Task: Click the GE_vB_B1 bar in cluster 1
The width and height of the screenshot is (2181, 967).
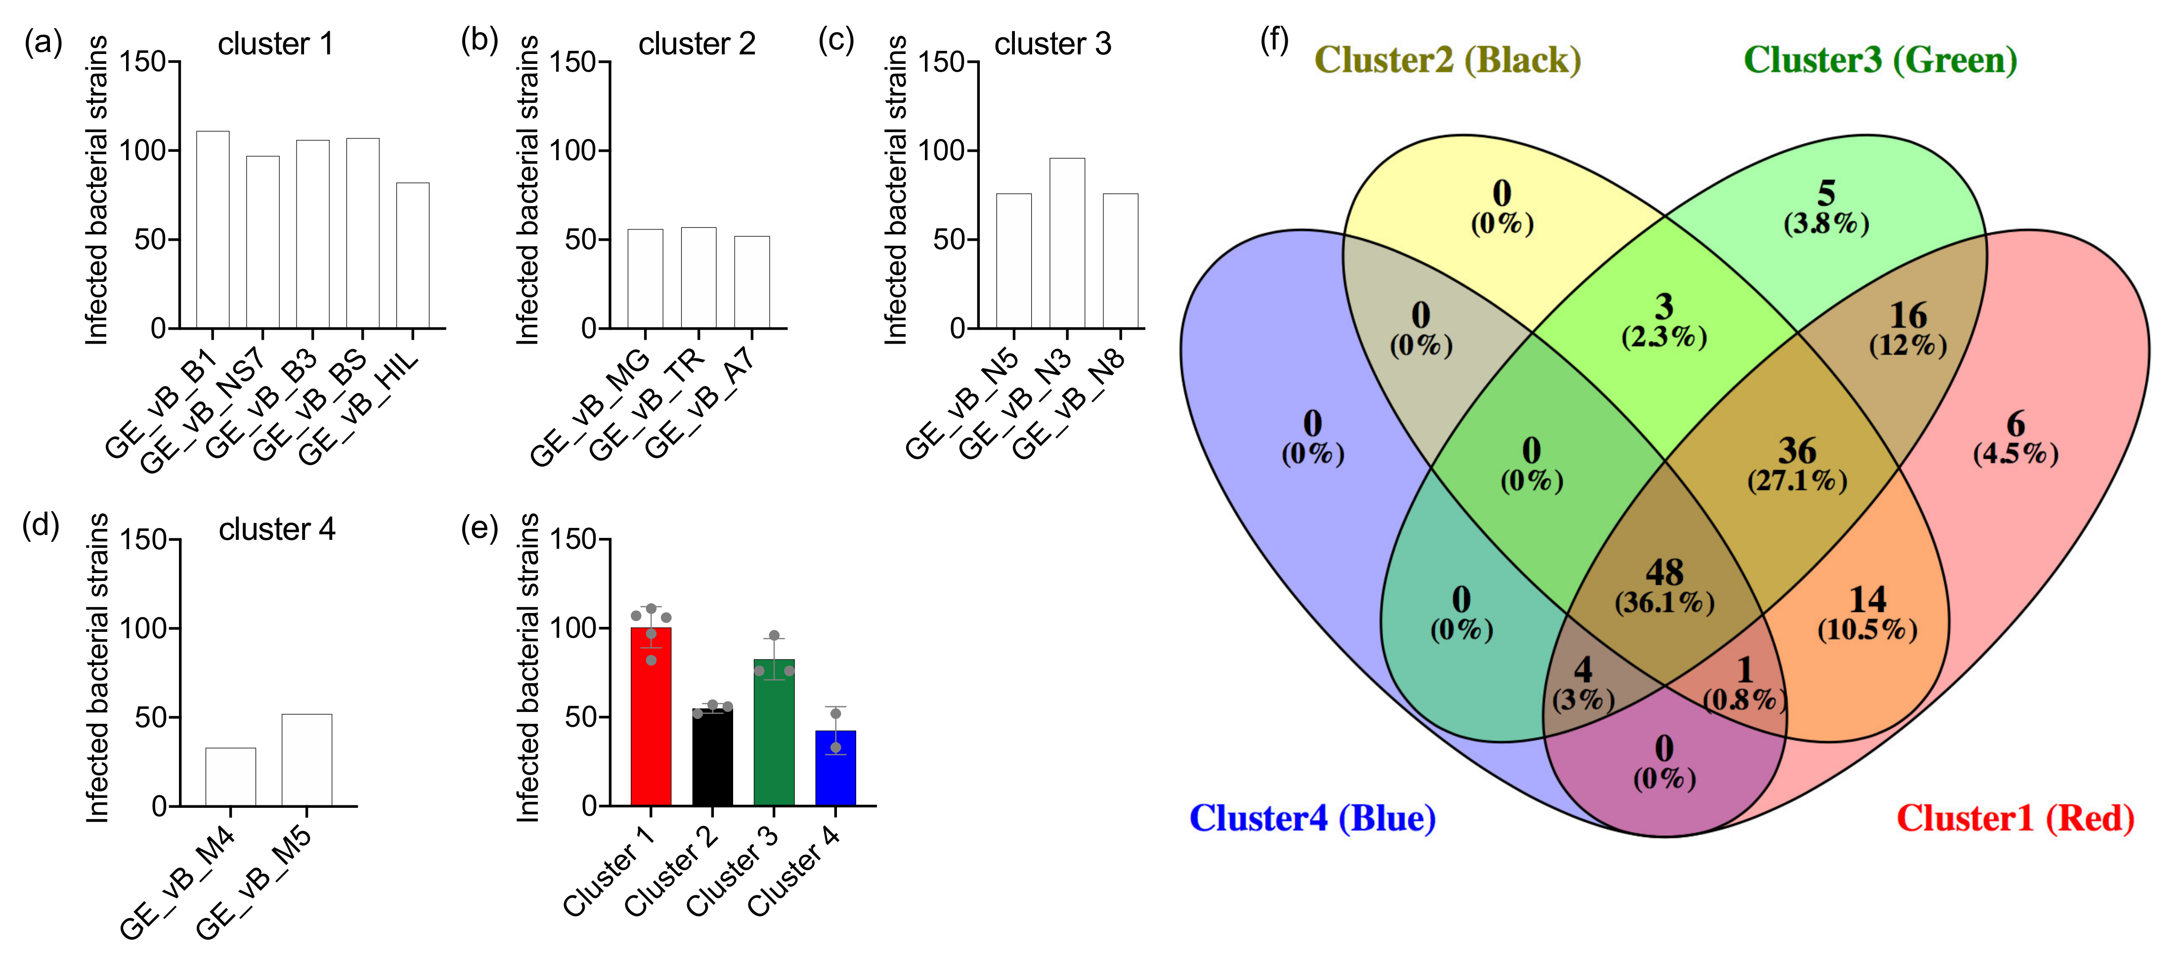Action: coord(213,228)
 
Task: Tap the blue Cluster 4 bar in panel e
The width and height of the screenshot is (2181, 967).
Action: coord(835,767)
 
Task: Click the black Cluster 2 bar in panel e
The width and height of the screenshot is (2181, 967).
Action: coord(713,756)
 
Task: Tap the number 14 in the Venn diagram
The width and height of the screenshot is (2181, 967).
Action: coord(1867,600)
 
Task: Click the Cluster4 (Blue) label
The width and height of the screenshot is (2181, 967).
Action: coord(1312,818)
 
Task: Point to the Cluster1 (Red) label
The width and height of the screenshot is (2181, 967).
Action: coord(2015,818)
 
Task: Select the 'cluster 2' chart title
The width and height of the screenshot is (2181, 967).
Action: coord(697,44)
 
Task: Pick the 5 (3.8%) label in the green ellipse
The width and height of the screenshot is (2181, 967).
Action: coord(1826,208)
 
